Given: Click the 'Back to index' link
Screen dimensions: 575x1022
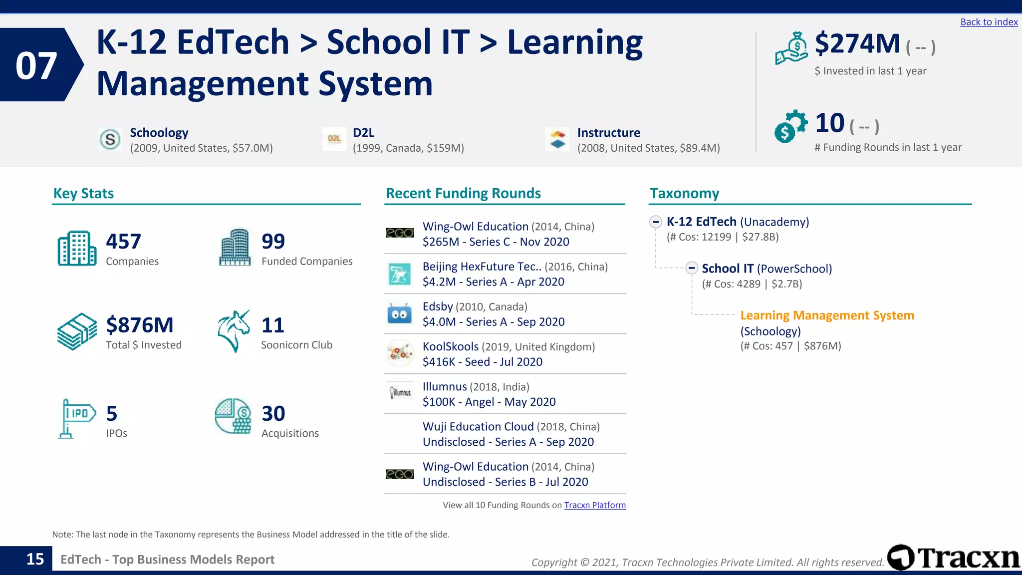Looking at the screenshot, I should (989, 22).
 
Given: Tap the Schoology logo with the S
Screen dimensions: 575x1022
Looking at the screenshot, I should (110, 139).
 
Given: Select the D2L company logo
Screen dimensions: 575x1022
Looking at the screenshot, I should (334, 139).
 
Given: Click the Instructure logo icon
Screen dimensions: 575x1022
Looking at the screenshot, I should (557, 139).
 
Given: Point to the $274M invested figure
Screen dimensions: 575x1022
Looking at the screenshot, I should (857, 44).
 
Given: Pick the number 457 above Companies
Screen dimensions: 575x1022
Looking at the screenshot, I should (123, 242).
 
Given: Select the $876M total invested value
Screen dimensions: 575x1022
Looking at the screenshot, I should (140, 325).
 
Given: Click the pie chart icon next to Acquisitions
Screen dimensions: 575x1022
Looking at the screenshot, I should (233, 416).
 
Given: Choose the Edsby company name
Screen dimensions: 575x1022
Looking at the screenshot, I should (438, 306).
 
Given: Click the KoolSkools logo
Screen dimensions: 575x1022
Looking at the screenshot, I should (400, 353).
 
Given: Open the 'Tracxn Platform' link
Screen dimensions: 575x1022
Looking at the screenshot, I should (595, 505).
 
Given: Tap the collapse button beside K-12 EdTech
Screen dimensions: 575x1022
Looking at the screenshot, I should (656, 222).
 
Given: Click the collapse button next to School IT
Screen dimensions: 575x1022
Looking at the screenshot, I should (691, 268).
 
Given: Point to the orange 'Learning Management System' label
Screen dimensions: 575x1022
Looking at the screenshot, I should (827, 315).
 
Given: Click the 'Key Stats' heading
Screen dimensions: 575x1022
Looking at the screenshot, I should (83, 193).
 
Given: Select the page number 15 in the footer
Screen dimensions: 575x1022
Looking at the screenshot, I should (35, 559).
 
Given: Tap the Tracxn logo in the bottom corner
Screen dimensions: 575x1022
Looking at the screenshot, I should (953, 558).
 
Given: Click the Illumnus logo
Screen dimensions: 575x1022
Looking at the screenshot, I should (400, 393).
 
